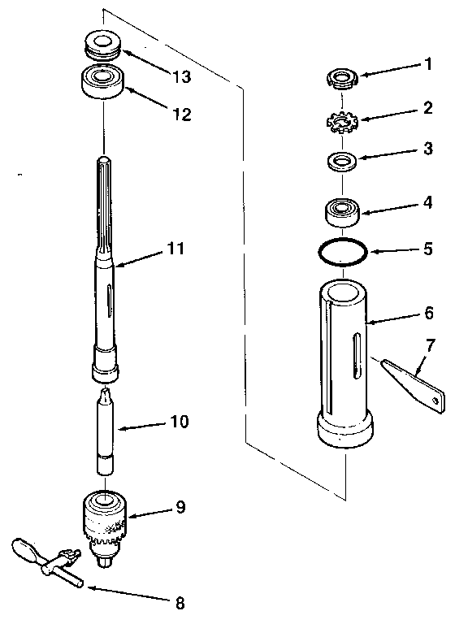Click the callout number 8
click(x=180, y=603)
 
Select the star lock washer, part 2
click(x=341, y=122)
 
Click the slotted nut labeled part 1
click(x=342, y=78)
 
